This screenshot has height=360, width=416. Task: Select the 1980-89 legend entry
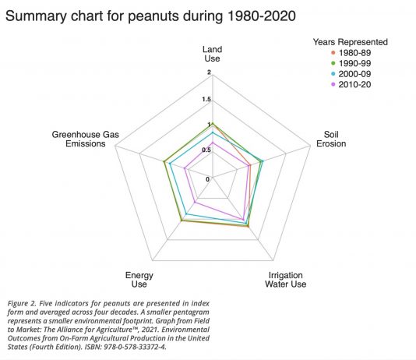click(x=351, y=53)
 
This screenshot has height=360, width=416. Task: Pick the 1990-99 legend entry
click(x=351, y=63)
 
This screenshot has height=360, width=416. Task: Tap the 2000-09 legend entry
click(x=351, y=74)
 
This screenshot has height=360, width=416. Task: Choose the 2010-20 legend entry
click(x=351, y=85)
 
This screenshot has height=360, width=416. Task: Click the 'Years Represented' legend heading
click(x=351, y=42)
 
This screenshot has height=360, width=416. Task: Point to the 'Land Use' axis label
click(x=212, y=54)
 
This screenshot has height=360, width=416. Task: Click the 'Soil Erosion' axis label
click(x=331, y=139)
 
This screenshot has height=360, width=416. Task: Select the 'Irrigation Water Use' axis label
click(x=285, y=280)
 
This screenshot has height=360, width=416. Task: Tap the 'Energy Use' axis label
click(x=139, y=280)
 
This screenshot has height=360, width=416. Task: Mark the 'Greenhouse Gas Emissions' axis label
click(x=86, y=139)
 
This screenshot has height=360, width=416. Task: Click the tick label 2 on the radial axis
click(x=209, y=72)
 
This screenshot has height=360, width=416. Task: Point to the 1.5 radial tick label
click(x=206, y=100)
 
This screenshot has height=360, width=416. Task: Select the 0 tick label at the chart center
click(x=207, y=179)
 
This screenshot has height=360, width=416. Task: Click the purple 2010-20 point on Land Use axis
click(x=213, y=143)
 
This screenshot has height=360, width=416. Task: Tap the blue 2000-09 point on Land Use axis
click(x=213, y=132)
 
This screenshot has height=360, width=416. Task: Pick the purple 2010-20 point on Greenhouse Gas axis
click(x=185, y=168)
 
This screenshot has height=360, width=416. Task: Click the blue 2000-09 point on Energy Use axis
click(x=186, y=214)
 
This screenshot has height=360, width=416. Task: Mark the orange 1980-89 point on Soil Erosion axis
click(x=249, y=165)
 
